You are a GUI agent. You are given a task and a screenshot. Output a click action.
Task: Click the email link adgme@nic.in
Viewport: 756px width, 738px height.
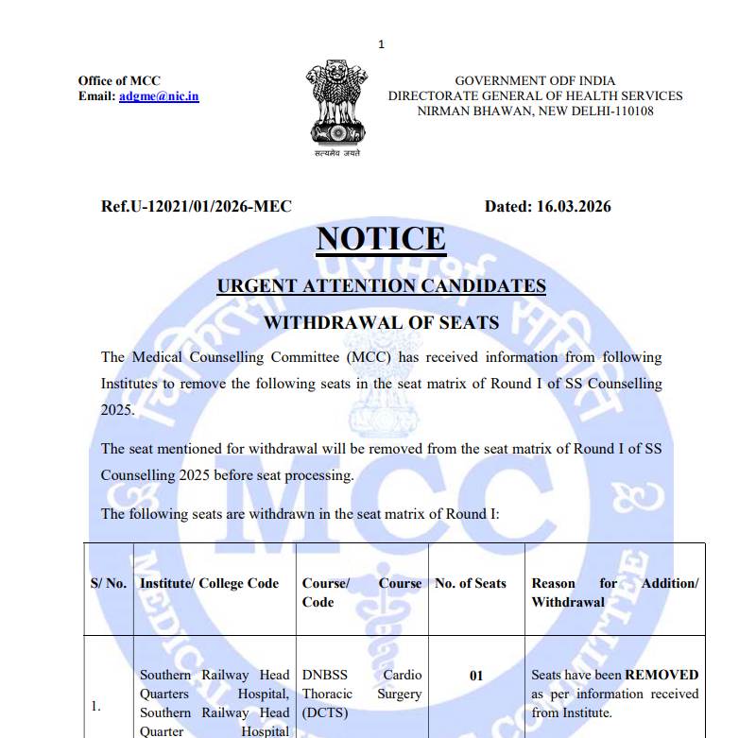tap(159, 96)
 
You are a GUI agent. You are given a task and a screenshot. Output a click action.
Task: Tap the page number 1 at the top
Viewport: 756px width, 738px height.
tap(381, 44)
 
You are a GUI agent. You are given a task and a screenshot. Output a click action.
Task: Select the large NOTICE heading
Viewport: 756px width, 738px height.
tap(381, 239)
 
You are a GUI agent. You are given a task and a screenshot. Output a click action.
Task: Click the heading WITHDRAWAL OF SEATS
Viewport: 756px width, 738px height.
tap(381, 322)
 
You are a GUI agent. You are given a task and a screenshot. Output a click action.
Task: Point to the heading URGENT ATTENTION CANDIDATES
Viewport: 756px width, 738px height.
tap(381, 286)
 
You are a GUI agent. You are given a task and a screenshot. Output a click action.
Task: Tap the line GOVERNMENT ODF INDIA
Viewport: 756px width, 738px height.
tap(535, 81)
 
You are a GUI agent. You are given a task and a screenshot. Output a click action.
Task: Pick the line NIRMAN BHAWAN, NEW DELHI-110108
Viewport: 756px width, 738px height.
tap(535, 112)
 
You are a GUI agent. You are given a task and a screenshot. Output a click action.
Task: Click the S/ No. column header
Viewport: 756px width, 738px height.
tap(108, 583)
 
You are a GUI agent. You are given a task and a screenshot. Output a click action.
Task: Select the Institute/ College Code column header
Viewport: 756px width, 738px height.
tap(209, 583)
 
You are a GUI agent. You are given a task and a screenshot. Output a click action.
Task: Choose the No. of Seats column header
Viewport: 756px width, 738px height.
tap(471, 583)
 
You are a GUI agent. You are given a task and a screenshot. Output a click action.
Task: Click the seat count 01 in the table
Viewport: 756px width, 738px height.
tap(476, 676)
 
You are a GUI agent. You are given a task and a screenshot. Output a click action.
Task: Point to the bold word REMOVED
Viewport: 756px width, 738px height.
tap(661, 675)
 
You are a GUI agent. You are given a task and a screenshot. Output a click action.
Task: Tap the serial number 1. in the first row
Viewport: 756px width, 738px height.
tap(95, 706)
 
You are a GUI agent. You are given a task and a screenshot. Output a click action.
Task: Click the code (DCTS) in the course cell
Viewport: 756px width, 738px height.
tap(325, 712)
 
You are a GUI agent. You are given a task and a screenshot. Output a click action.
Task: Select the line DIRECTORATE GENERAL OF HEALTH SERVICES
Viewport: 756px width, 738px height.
tap(535, 96)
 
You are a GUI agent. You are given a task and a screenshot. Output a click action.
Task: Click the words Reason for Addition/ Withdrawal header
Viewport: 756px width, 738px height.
tap(614, 592)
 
